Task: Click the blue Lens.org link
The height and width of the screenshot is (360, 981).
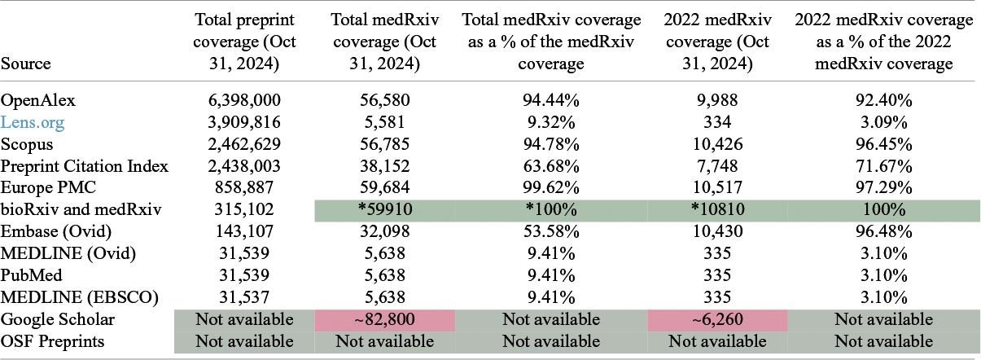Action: [33, 123]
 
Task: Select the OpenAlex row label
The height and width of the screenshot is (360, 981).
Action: [38, 101]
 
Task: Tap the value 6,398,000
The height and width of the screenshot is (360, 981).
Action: [244, 100]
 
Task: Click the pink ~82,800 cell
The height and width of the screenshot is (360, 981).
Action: [384, 320]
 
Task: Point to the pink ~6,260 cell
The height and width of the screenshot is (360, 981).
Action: [717, 320]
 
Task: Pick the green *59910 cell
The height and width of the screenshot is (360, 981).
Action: [384, 210]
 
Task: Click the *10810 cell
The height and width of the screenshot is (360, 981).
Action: [717, 210]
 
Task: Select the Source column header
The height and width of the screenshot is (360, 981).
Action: [26, 64]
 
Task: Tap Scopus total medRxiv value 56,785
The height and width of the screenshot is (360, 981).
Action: [384, 144]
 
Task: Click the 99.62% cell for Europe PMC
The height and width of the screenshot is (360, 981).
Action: [551, 188]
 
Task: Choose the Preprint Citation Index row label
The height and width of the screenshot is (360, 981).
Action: [85, 166]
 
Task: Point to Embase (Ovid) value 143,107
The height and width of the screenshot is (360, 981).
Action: [244, 231]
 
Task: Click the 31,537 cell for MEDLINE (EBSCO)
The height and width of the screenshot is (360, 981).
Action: [244, 298]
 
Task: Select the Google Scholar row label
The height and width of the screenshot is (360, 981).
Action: [57, 320]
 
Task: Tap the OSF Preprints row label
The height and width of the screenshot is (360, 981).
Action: [53, 341]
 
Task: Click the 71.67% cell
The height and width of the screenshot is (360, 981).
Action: [884, 166]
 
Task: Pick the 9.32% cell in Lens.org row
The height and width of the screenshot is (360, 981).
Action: [551, 122]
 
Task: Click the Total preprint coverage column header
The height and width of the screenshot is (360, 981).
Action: [244, 42]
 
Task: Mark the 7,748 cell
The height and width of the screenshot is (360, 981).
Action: [717, 166]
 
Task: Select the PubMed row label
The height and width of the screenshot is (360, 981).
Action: [32, 276]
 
